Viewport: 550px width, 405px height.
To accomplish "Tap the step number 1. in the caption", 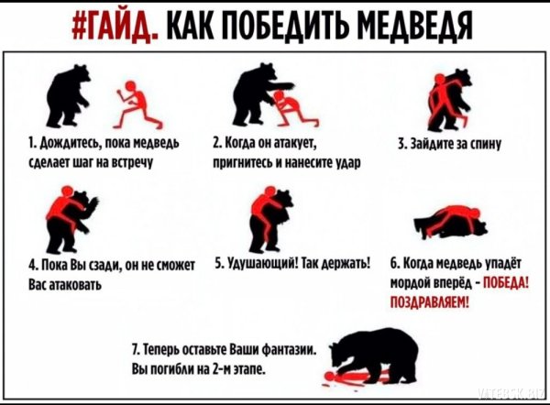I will [x=32, y=144].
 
